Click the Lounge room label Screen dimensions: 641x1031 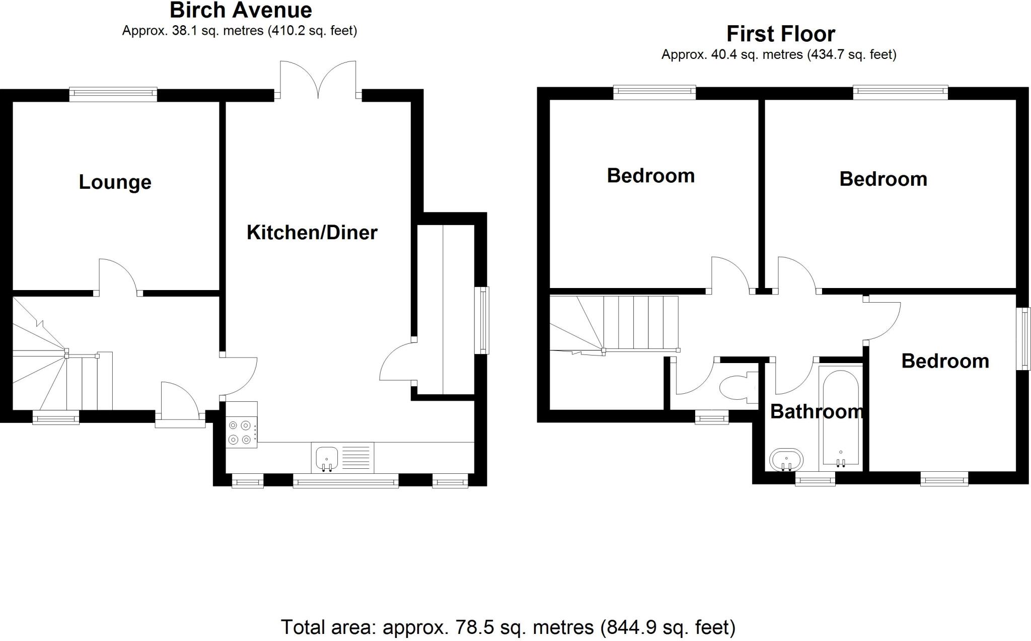115,182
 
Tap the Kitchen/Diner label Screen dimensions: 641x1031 312,232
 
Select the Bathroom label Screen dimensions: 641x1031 817,411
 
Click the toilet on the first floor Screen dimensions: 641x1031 735,388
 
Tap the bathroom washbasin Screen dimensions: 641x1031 786,459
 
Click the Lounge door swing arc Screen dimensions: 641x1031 117,274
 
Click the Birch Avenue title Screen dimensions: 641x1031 241,10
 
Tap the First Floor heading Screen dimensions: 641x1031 780,34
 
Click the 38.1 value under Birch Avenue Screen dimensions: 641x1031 183,31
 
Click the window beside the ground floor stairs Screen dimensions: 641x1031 56,417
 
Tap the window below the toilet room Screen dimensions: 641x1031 711,416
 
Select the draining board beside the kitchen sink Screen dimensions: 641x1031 357,457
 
